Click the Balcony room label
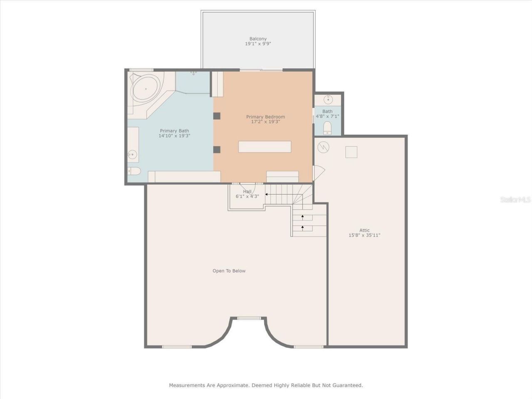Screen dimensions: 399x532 258,39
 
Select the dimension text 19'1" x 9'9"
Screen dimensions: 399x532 258,44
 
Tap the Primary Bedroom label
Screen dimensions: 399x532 266,117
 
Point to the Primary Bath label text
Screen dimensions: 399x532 174,131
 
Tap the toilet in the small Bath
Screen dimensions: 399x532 328,128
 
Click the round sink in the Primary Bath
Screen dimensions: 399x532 133,155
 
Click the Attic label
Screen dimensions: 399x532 365,230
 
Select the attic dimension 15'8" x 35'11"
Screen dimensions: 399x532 365,235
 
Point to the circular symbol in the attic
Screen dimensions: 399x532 323,147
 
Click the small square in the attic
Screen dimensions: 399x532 351,152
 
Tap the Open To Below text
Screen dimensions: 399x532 229,271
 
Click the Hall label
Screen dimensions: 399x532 247,192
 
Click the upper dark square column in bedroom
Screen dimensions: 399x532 217,116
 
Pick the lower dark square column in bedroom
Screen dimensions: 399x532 217,150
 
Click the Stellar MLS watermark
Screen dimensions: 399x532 515,200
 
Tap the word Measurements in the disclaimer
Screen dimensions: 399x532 187,385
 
